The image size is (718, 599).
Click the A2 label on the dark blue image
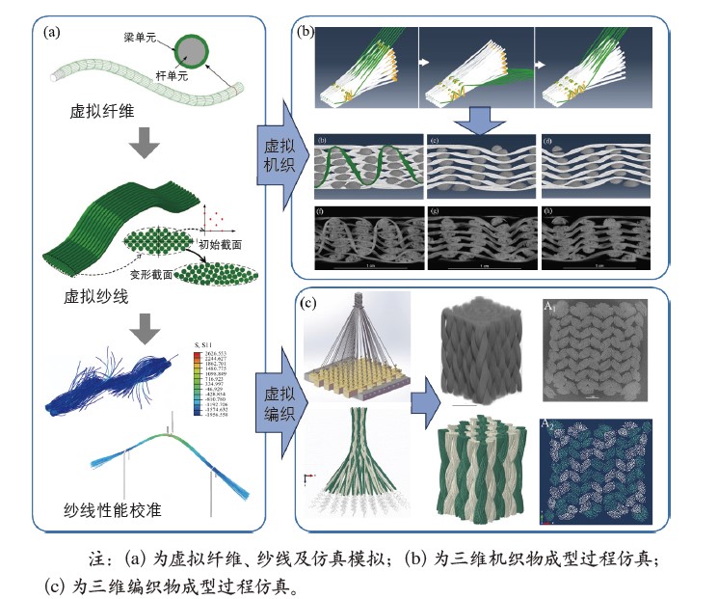point(550,424)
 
